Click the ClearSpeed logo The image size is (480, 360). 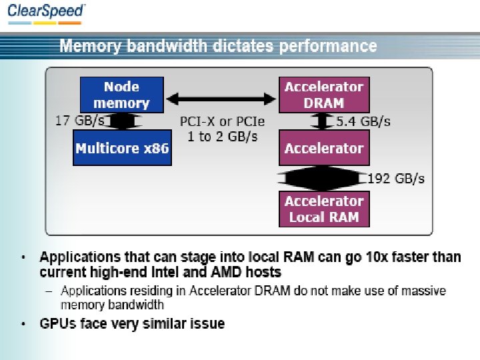pos(47,13)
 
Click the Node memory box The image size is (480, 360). pos(121,95)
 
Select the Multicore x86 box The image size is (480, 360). pos(122,147)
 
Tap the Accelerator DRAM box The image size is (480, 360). pos(323,95)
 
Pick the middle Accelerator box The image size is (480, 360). pos(323,147)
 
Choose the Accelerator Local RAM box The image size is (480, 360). pos(323,209)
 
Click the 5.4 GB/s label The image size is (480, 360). pos(363,121)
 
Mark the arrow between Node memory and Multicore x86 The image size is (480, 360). pos(122,121)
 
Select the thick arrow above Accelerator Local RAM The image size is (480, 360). pos(323,178)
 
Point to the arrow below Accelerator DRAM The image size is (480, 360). pos(323,121)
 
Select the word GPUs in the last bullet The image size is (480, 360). pos(57,324)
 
